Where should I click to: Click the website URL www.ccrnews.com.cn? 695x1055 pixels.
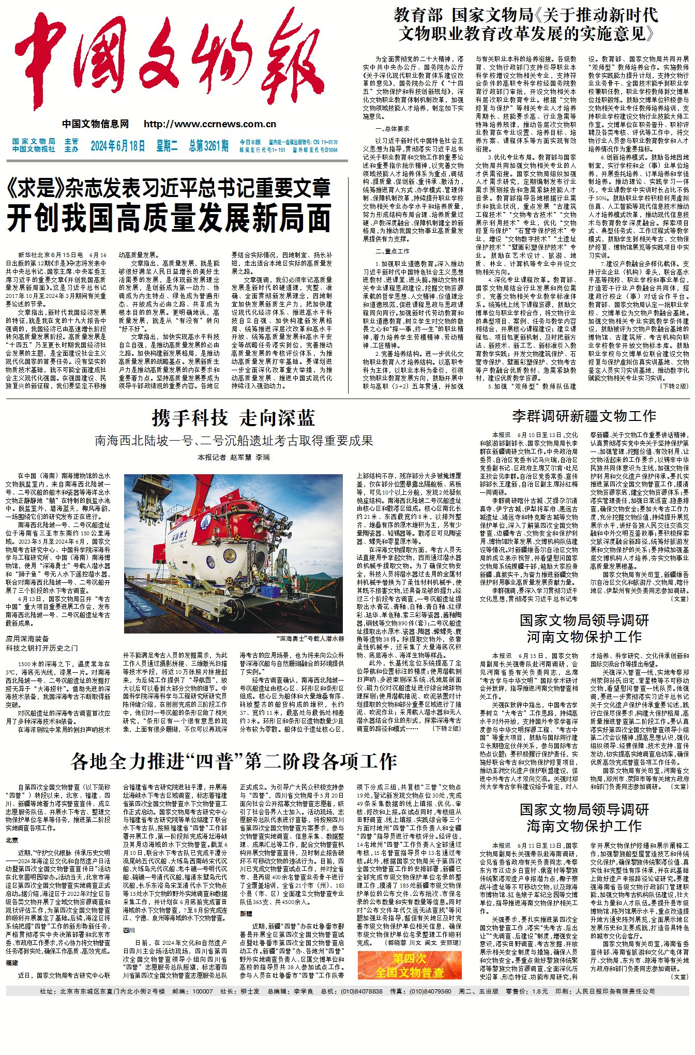pos(210,124)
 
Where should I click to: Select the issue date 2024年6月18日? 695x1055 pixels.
pos(118,146)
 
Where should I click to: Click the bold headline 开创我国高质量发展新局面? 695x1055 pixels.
pos(169,218)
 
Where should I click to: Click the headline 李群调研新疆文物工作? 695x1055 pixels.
pos(584,416)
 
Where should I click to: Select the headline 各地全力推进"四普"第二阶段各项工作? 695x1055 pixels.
pos(234,761)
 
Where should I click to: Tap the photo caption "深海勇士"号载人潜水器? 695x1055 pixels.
pos(310,639)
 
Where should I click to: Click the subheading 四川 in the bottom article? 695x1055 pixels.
pos(129,930)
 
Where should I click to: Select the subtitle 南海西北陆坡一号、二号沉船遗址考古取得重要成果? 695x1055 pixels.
pos(233,441)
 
